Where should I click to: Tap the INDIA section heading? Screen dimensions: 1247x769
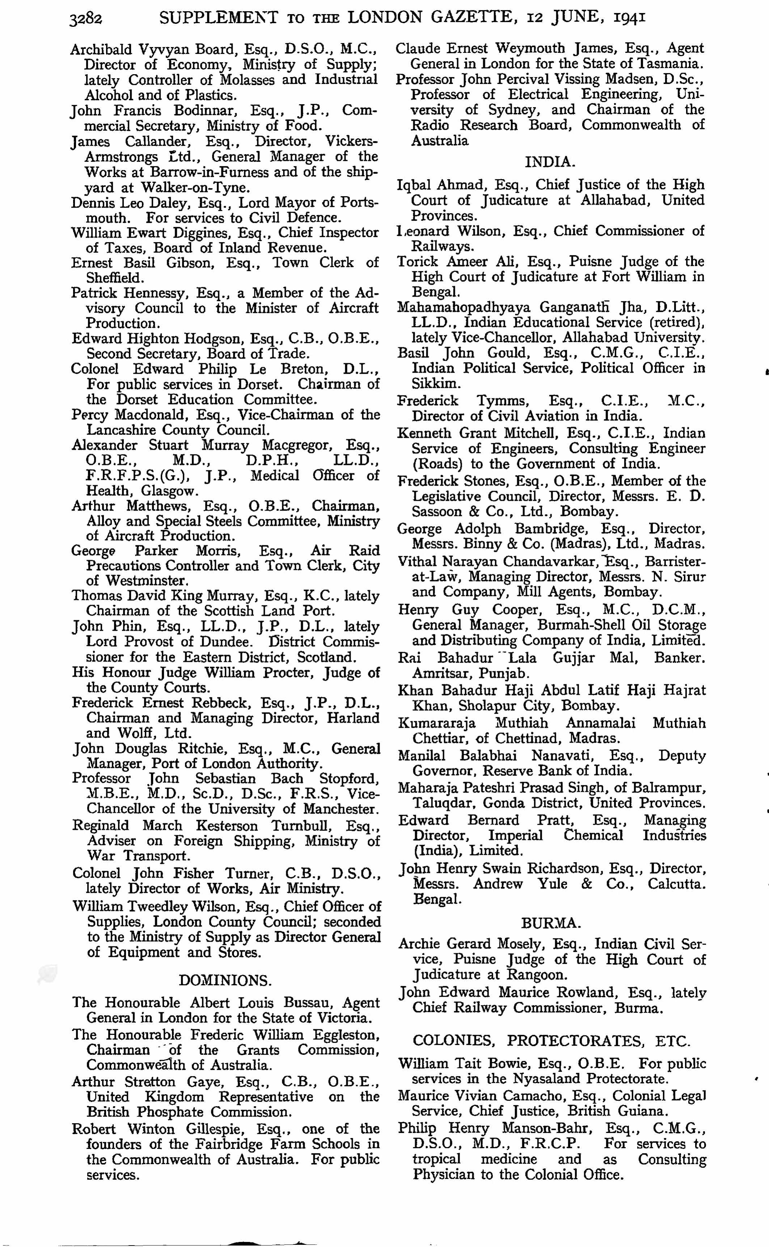pos(550,162)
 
